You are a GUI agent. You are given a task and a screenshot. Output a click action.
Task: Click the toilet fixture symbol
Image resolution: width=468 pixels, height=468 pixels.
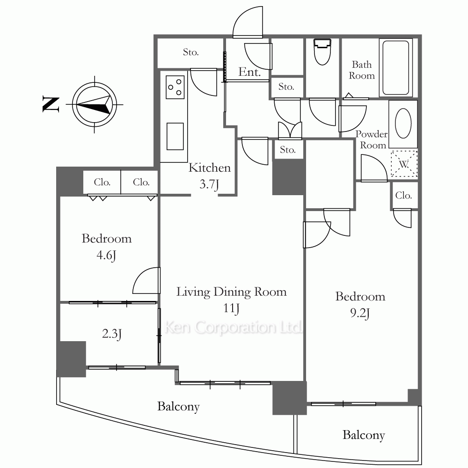coord(322,52)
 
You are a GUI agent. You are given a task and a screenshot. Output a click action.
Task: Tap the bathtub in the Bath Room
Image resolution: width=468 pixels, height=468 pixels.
coord(396,68)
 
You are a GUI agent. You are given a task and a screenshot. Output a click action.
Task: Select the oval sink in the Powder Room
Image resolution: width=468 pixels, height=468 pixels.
coord(403,123)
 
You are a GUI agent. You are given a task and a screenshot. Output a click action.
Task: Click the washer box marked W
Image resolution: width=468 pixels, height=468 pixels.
coord(404,164)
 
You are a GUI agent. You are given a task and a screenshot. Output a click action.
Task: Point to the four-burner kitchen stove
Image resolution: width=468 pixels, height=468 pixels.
coord(175,87)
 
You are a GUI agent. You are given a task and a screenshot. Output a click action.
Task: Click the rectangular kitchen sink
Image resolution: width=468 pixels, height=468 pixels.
coord(175,136)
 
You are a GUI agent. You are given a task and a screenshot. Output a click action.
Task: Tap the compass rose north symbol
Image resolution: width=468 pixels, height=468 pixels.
coord(95,104)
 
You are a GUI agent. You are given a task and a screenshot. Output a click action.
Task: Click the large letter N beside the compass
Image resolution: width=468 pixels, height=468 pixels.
coord(51,104)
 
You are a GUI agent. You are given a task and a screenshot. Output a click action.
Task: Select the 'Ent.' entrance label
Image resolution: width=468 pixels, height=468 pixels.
coord(249,72)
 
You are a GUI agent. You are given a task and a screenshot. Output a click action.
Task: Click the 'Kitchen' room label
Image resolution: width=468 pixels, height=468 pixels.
coord(210,168)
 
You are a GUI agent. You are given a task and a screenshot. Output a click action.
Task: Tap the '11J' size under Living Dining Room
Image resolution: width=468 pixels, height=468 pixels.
coord(231,308)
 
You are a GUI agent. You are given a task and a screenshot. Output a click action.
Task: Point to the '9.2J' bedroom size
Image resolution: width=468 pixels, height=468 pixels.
coord(360,313)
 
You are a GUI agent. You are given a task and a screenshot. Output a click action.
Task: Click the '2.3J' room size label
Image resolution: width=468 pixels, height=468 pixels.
coord(112,334)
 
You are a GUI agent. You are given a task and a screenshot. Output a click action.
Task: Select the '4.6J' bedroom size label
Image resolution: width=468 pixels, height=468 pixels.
coord(106,256)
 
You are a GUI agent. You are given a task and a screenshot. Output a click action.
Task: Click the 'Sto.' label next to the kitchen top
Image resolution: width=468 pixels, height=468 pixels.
coord(191,52)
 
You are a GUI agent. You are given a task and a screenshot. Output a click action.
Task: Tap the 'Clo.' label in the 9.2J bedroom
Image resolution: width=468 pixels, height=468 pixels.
coord(403,196)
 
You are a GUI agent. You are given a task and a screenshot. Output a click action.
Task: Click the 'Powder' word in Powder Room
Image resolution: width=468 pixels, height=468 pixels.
coord(371,134)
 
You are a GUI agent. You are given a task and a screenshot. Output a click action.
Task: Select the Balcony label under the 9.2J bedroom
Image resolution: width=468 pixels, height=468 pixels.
coord(364,435)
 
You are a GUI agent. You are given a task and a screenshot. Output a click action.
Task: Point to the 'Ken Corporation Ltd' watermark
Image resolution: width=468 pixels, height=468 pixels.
coord(234,327)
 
